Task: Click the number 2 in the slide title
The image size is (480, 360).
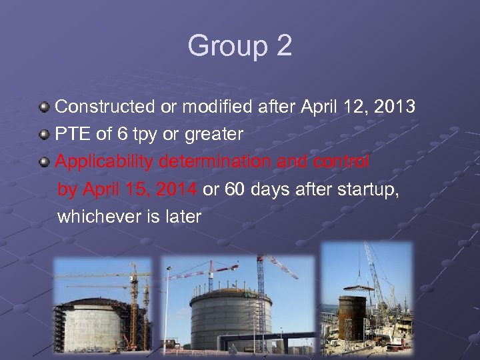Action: click(x=283, y=46)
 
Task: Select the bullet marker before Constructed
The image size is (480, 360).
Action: click(x=44, y=107)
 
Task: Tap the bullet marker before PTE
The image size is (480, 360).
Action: click(x=44, y=134)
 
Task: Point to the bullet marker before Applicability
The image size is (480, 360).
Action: click(x=44, y=162)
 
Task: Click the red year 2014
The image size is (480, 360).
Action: click(x=177, y=189)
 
